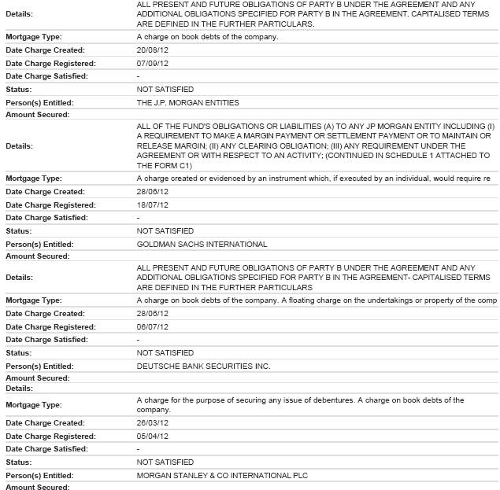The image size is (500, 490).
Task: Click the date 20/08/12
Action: (x=153, y=50)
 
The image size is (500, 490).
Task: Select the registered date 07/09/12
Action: (x=153, y=63)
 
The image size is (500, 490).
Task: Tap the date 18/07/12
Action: (x=153, y=204)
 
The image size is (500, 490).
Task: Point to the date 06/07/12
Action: (x=153, y=326)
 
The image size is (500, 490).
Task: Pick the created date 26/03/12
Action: (x=153, y=423)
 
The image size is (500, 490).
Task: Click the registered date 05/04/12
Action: (x=153, y=437)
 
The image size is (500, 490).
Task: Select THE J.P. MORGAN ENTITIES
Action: (x=187, y=102)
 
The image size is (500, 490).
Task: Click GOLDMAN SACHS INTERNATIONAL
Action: (x=202, y=244)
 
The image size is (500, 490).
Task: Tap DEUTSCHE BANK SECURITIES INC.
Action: (x=203, y=366)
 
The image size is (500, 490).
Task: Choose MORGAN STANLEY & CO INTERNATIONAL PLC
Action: (x=222, y=475)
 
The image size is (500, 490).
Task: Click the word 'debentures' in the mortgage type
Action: (x=330, y=400)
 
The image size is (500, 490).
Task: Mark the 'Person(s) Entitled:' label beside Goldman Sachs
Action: (x=39, y=244)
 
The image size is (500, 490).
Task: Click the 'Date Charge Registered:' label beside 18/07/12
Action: (x=50, y=204)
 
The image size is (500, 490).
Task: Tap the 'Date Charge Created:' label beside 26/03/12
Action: (x=45, y=423)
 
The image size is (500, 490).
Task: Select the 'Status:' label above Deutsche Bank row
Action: (x=19, y=353)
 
